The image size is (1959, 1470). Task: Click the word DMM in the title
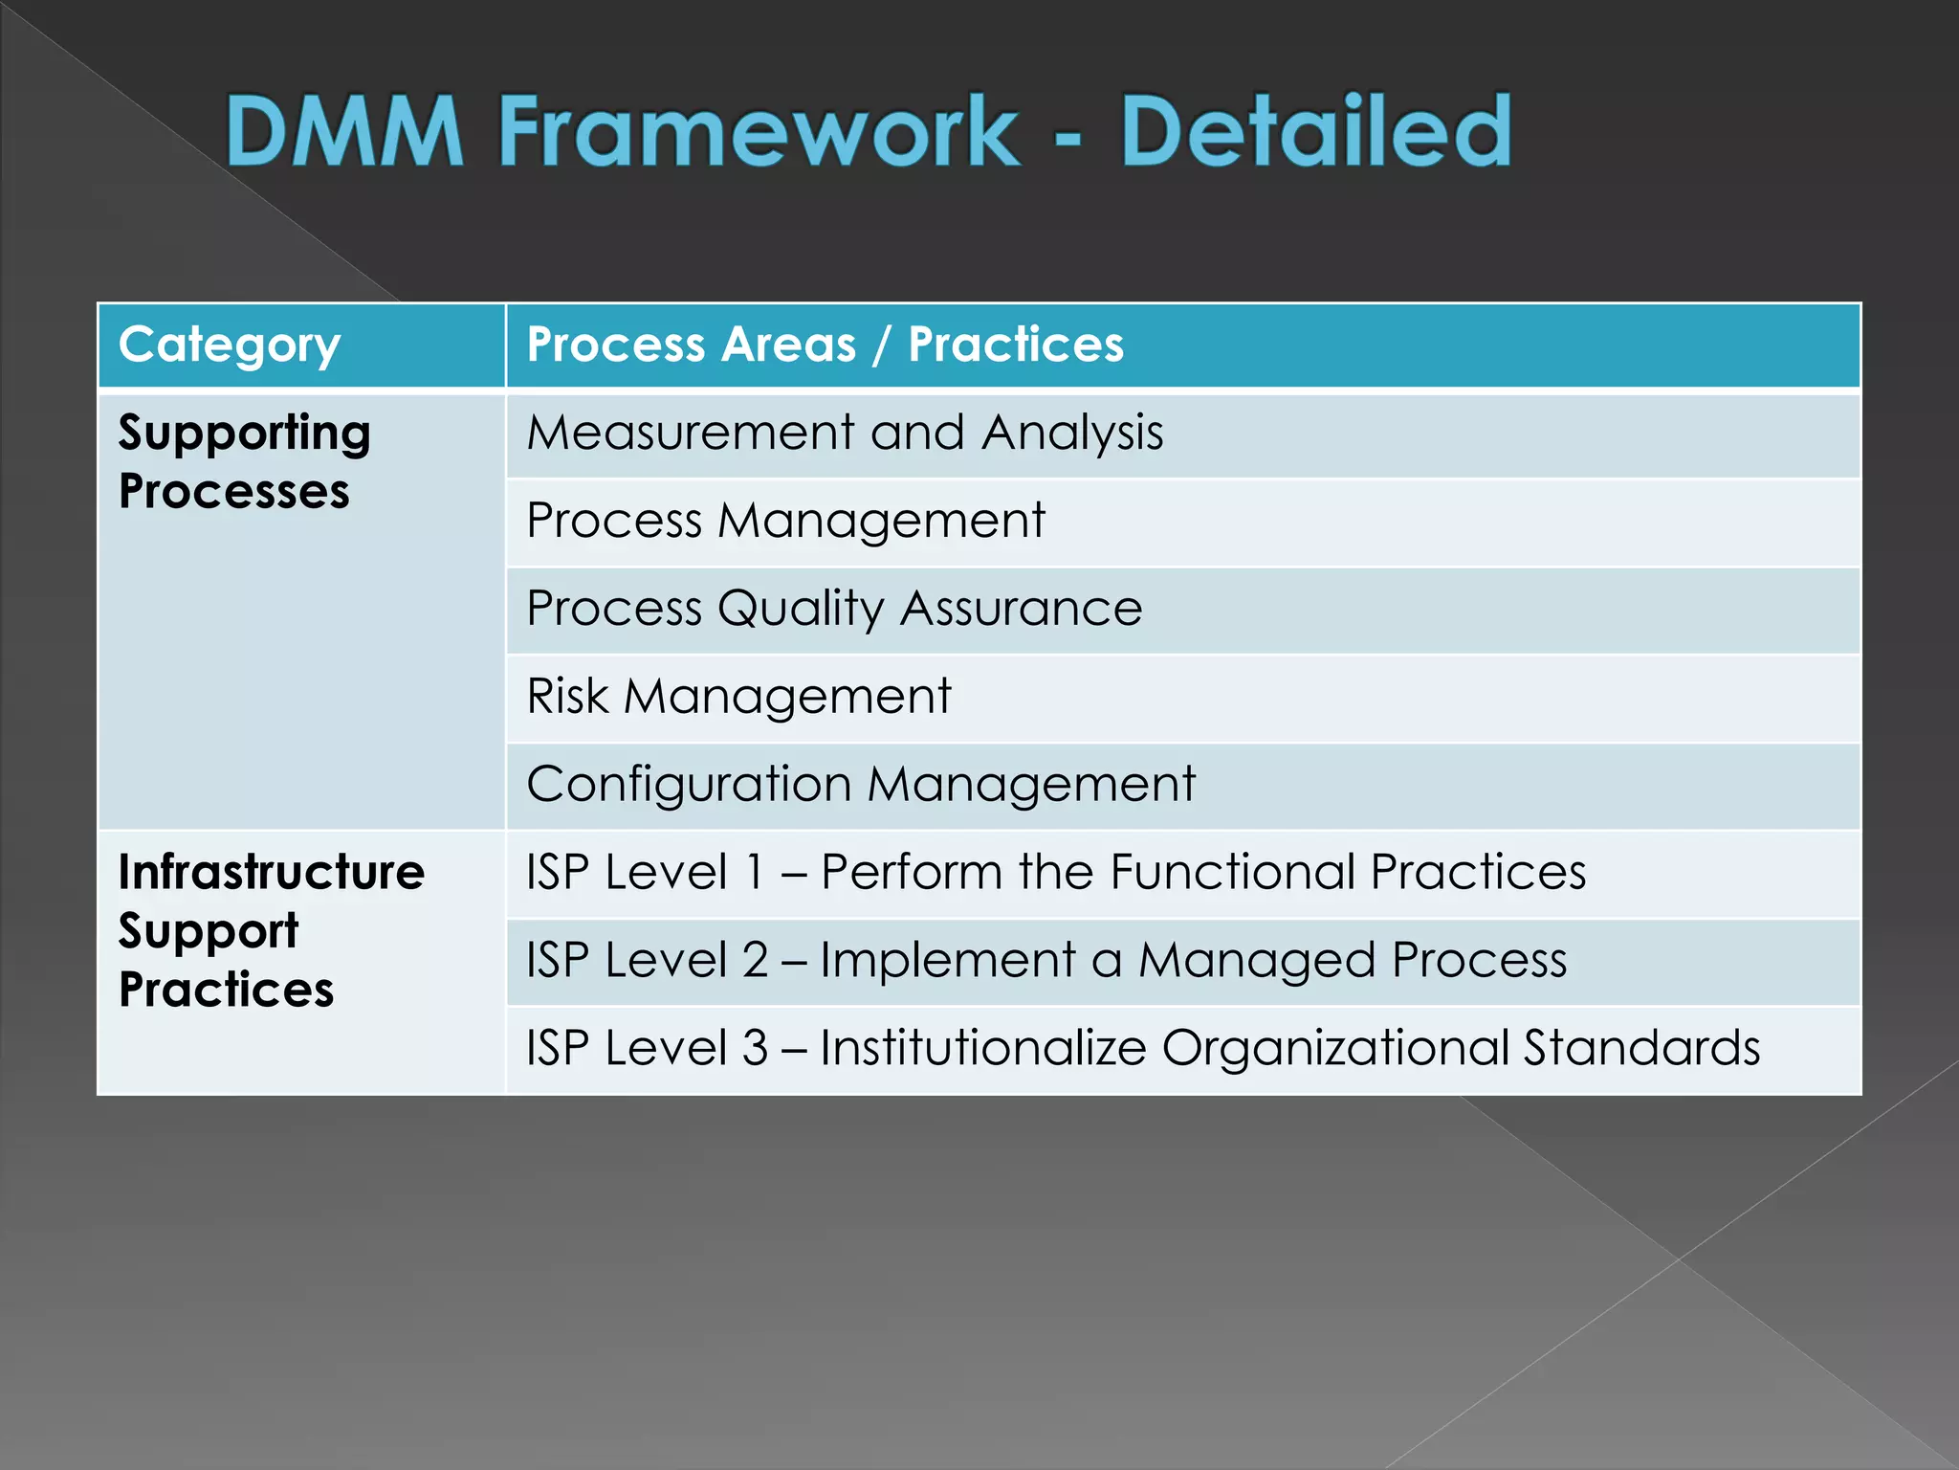344,131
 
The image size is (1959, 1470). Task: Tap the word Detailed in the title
1315,131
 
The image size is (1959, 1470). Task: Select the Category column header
230,345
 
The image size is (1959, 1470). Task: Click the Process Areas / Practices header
825,345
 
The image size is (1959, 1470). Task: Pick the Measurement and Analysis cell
845,433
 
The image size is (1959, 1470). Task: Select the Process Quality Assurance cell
834,609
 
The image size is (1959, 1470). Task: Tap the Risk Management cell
738,697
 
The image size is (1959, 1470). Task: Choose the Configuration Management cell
861,785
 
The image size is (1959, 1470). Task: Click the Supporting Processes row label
244,461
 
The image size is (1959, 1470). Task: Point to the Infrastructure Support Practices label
271,930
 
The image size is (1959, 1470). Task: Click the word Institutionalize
982,1049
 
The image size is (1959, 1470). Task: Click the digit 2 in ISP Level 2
755,961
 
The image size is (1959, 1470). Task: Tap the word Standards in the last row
1641,1049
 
